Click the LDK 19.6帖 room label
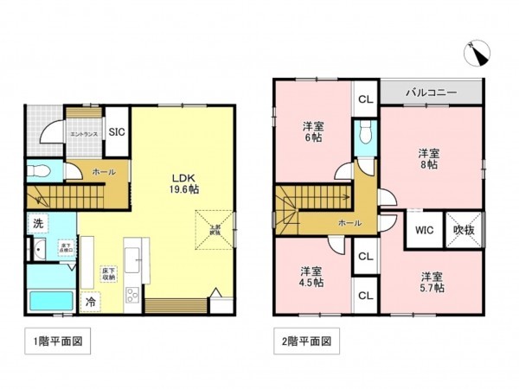[x=183, y=175]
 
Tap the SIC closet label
[x=116, y=133]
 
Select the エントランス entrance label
[x=84, y=136]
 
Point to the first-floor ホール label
[x=105, y=172]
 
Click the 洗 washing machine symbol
[x=39, y=223]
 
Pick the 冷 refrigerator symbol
[x=91, y=303]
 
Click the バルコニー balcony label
[x=431, y=92]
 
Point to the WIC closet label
[x=424, y=231]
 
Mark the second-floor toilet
[x=365, y=134]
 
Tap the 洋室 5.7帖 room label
[x=432, y=282]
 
